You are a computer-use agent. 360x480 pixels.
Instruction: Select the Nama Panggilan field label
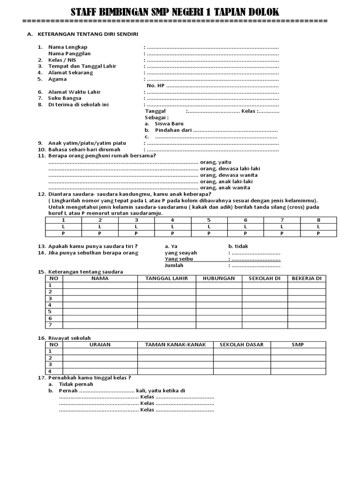tap(69, 53)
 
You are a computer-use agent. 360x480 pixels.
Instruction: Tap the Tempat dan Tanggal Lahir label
tap(82, 66)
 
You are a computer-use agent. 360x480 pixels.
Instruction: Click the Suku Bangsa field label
tap(65, 98)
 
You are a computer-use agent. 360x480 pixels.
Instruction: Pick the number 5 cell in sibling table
tap(209, 220)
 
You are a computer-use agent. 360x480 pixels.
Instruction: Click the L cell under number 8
tap(318, 226)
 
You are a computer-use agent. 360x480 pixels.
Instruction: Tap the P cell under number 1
tap(63, 233)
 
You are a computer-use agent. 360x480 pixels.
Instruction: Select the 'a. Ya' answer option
tap(171, 246)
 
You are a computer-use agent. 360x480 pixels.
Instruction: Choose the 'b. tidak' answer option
tap(238, 246)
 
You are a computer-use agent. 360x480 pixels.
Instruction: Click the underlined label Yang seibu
tap(179, 259)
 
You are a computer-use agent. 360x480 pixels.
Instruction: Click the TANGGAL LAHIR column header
tap(166, 278)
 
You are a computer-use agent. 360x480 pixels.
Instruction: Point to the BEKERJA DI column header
tap(307, 278)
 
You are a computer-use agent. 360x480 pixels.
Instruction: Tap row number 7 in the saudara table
tap(50, 325)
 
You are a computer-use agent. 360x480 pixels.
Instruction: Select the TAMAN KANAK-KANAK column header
tap(175, 345)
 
